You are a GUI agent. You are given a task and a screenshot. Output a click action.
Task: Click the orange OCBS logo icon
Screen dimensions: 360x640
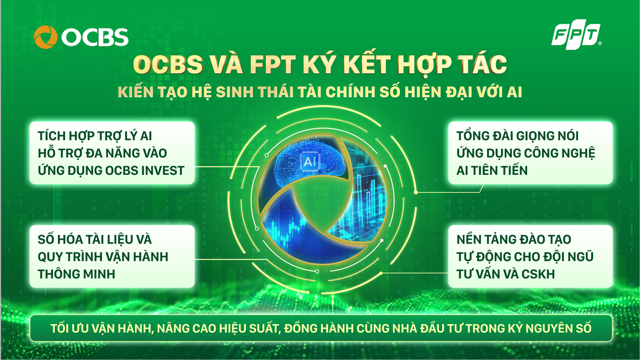coord(46,37)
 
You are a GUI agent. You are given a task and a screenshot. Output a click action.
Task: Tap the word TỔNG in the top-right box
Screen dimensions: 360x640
coord(474,136)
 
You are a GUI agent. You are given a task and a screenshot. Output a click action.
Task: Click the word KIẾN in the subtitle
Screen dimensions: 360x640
coord(134,92)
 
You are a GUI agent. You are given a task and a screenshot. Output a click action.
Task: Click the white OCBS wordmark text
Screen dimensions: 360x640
coord(95,37)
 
